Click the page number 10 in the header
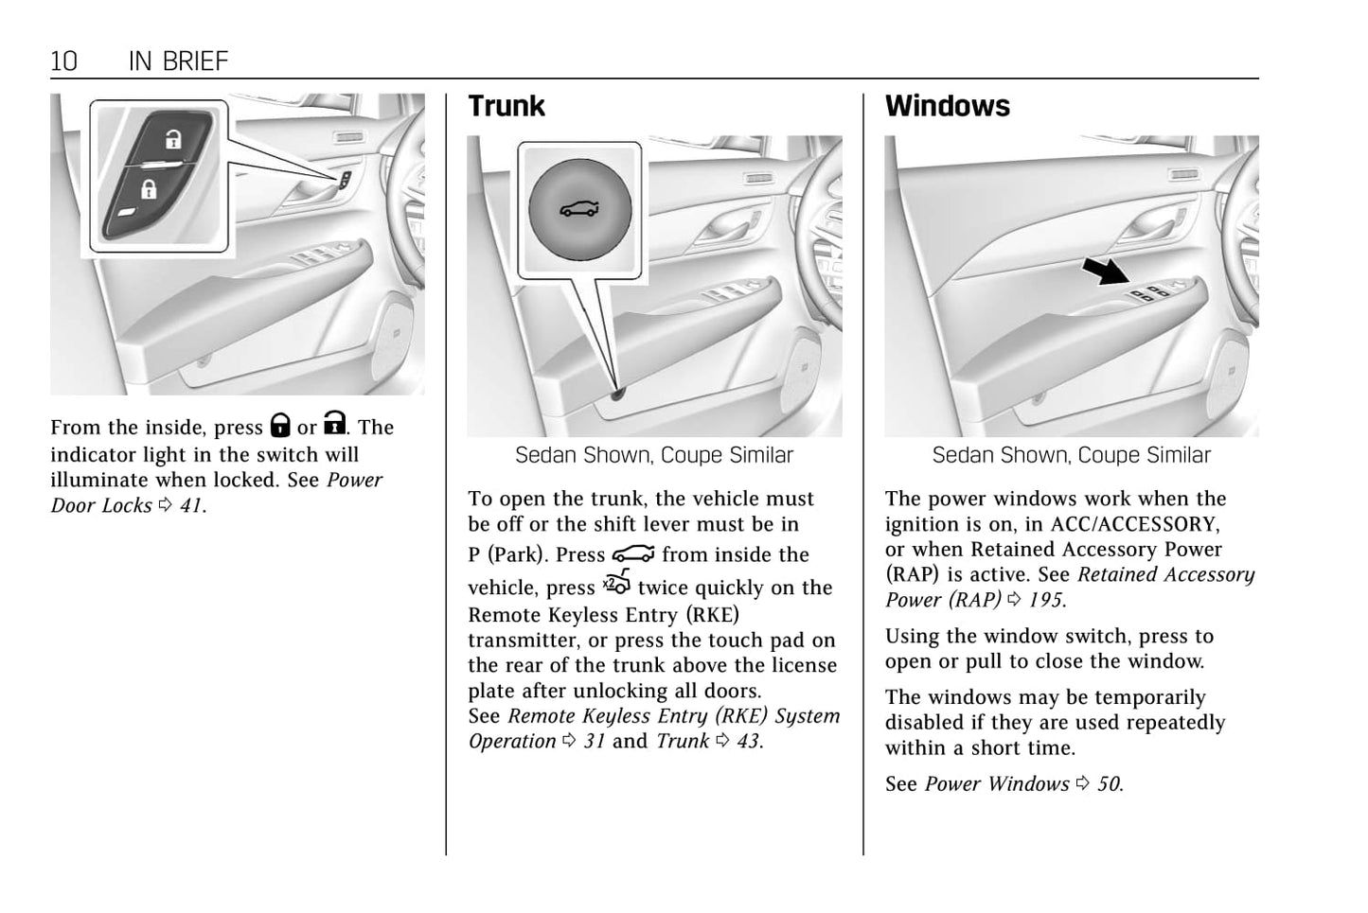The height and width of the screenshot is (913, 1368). pos(63,61)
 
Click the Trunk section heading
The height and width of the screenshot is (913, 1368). pos(506,106)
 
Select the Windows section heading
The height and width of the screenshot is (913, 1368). pos(947,106)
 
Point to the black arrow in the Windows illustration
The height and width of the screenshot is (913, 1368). pos(1106,272)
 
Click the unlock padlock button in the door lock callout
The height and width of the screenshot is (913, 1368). pos(172,141)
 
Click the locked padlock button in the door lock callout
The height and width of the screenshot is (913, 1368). pos(149,189)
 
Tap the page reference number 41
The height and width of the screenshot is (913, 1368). pos(190,505)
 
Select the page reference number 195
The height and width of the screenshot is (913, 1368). pos(1046,600)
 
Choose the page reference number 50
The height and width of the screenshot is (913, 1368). pos(1109,784)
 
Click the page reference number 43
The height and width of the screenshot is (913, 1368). pos(748,741)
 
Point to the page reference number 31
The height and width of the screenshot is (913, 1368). pos(594,741)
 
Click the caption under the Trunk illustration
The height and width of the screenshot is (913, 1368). pos(653,455)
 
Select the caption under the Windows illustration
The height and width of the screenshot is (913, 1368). pos(1071,455)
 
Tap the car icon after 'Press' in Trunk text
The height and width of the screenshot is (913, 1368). pos(632,553)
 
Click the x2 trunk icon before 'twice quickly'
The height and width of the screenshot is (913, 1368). pos(616,585)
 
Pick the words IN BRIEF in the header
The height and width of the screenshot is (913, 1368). pos(178,61)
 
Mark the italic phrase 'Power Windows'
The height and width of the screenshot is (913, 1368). pos(996,784)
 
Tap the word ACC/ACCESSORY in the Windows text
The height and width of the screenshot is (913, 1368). pos(1135,524)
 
